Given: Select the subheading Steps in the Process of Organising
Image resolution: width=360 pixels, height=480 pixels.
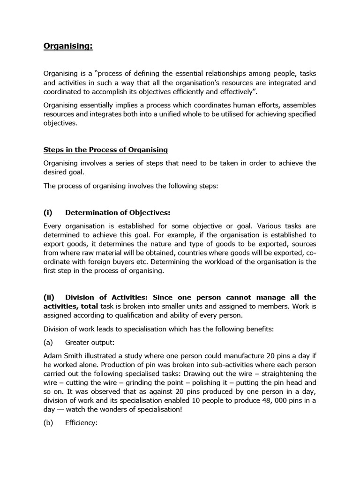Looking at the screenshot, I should tap(105, 150).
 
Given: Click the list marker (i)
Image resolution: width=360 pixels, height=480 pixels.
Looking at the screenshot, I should tap(48, 212).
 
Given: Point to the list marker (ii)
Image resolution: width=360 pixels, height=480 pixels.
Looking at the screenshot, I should tap(49, 297).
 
